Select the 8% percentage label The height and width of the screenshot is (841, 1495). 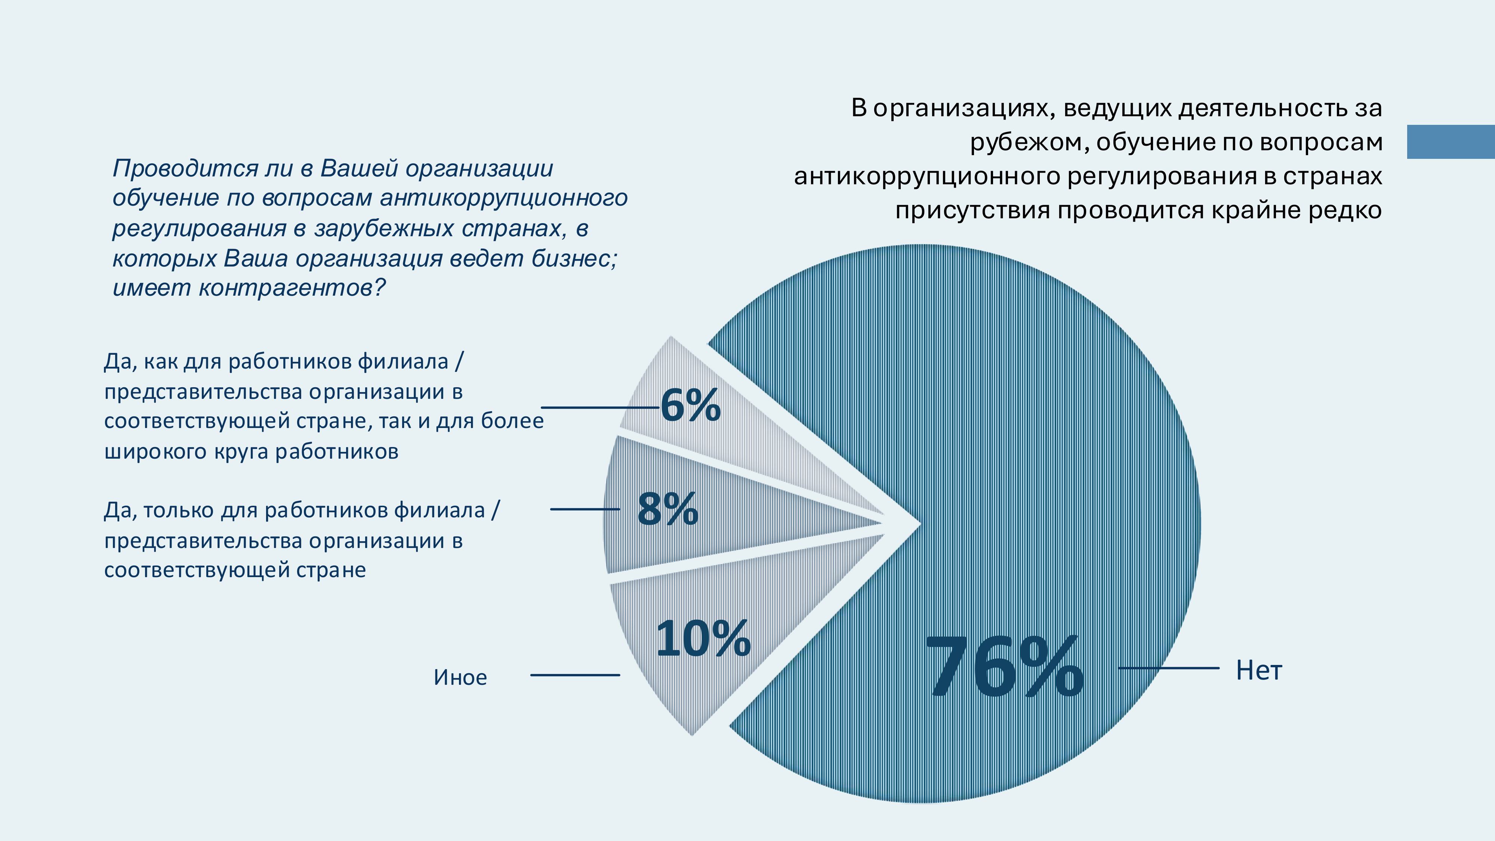pos(668,509)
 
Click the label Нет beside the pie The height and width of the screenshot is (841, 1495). pos(1258,670)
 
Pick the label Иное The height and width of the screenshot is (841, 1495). pos(460,677)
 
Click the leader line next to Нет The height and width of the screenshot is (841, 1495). pos(1168,668)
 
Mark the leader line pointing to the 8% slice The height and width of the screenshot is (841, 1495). pos(585,509)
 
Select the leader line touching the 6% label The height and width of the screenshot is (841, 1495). pos(599,407)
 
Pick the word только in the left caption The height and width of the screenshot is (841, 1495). pos(179,511)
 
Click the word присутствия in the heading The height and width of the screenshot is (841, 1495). pos(972,210)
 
